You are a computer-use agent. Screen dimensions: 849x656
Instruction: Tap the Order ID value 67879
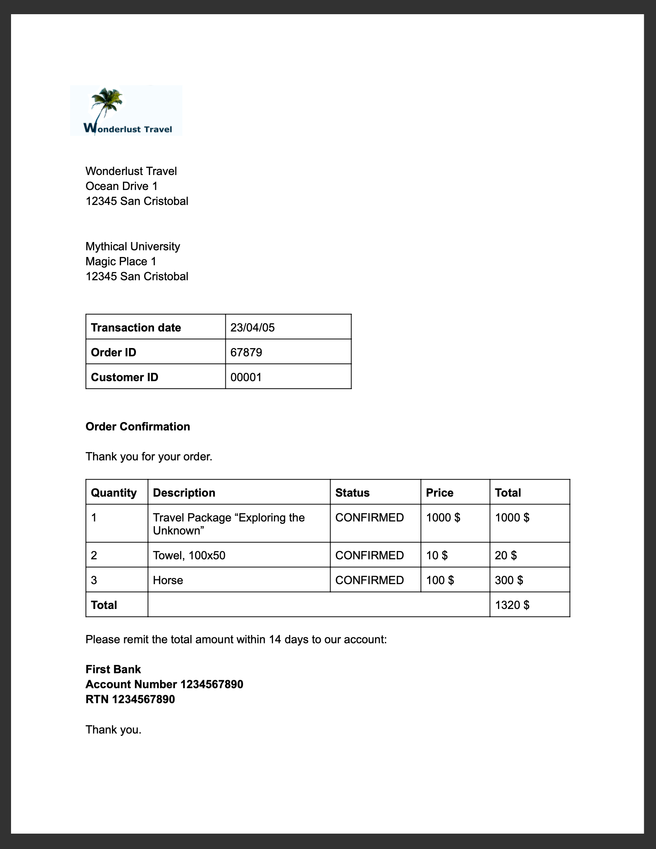coord(246,352)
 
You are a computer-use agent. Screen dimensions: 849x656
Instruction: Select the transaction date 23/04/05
coord(253,328)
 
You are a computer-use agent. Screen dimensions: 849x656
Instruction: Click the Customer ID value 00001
coord(246,377)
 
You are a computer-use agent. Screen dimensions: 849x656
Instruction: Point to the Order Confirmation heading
coord(138,426)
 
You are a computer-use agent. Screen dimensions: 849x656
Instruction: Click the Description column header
coord(184,493)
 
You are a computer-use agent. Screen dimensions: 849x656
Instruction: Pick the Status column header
coord(352,493)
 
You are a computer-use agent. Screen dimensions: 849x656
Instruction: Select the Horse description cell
coord(168,580)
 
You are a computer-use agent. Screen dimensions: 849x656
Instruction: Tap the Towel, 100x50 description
coord(189,555)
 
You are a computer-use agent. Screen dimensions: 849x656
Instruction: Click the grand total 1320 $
coord(512,605)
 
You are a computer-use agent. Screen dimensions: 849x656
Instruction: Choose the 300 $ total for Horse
coord(509,580)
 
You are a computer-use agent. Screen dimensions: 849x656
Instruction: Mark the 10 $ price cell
coord(437,555)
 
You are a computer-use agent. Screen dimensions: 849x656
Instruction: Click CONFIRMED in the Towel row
coord(369,555)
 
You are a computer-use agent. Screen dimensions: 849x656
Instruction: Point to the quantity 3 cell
coord(94,580)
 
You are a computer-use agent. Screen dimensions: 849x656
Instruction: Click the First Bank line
coord(113,669)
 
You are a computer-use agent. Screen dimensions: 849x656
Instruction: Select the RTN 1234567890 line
coord(130,699)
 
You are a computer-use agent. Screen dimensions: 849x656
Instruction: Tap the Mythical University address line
coord(133,246)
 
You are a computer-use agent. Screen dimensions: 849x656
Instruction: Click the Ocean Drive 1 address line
coord(121,186)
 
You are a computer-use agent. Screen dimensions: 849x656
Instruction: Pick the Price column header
coord(439,493)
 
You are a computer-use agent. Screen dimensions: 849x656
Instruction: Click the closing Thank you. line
coord(113,730)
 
